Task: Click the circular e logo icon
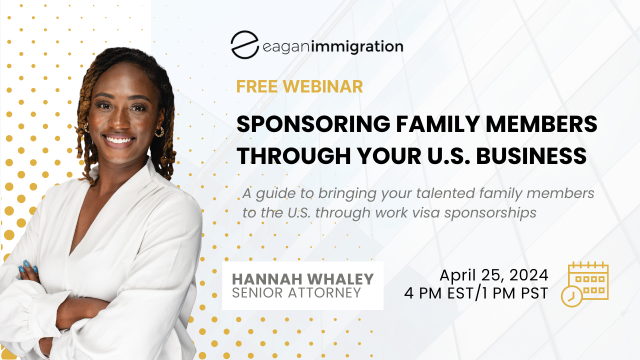[x=244, y=45]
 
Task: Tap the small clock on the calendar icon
[x=571, y=296]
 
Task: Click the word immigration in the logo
[x=357, y=46]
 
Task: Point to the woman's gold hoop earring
[x=159, y=132]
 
